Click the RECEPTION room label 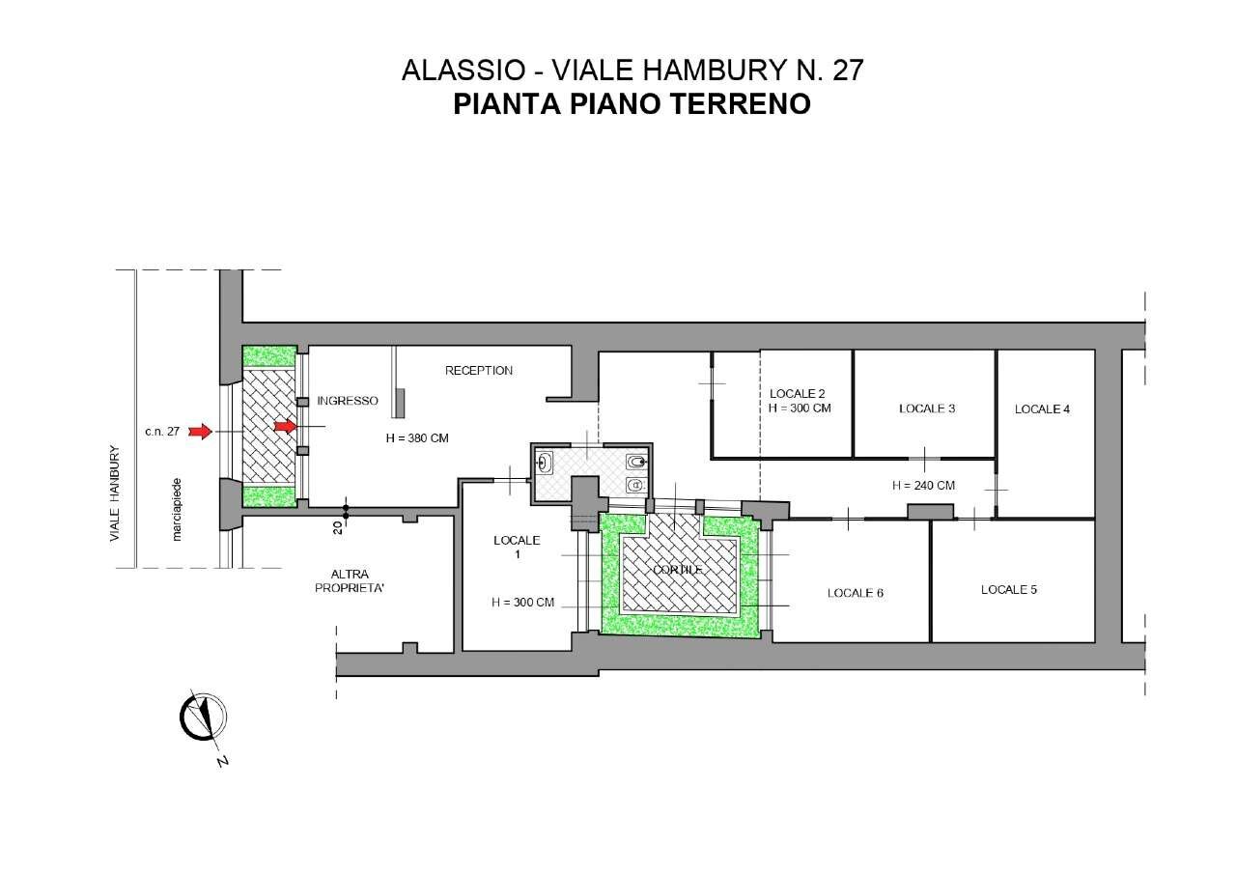click(x=478, y=371)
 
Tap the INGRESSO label click(x=348, y=401)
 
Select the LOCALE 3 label click(x=927, y=408)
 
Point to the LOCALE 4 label click(x=1042, y=409)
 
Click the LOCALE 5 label click(x=1009, y=589)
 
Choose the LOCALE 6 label click(x=856, y=593)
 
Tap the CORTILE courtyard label click(x=678, y=570)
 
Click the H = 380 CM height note click(x=417, y=438)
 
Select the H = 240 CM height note click(x=924, y=485)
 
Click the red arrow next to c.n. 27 click(x=200, y=431)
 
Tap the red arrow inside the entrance click(x=285, y=426)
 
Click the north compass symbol click(x=204, y=718)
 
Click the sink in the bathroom click(x=545, y=464)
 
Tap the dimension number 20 click(x=337, y=527)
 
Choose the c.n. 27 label click(x=162, y=432)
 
